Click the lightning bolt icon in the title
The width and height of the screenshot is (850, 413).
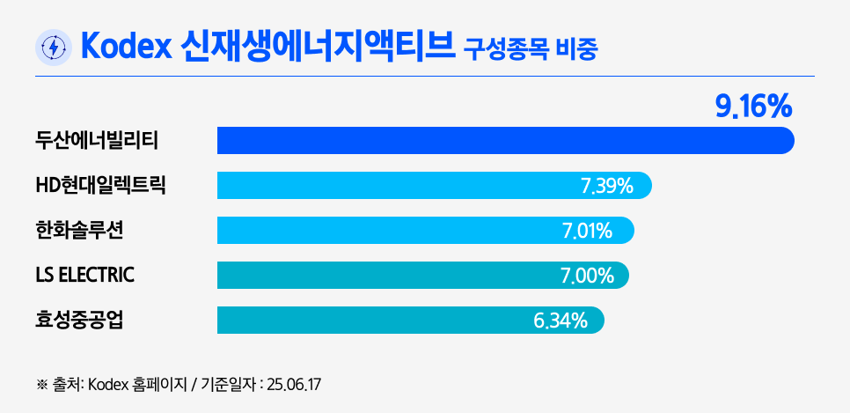(x=53, y=48)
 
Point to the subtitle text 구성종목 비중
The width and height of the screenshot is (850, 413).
(x=531, y=49)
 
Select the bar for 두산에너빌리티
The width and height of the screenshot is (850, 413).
(x=505, y=141)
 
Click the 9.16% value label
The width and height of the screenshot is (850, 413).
(x=754, y=107)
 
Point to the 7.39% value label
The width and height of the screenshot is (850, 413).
(x=607, y=186)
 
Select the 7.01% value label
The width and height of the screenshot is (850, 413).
(x=587, y=232)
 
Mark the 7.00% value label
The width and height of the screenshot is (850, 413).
(x=587, y=277)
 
